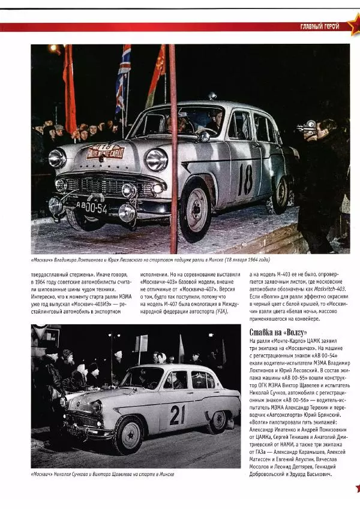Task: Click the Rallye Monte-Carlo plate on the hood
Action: click(105, 150)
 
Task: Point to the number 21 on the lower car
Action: click(177, 415)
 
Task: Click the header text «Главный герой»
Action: click(319, 26)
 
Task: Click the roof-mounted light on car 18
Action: click(212, 97)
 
